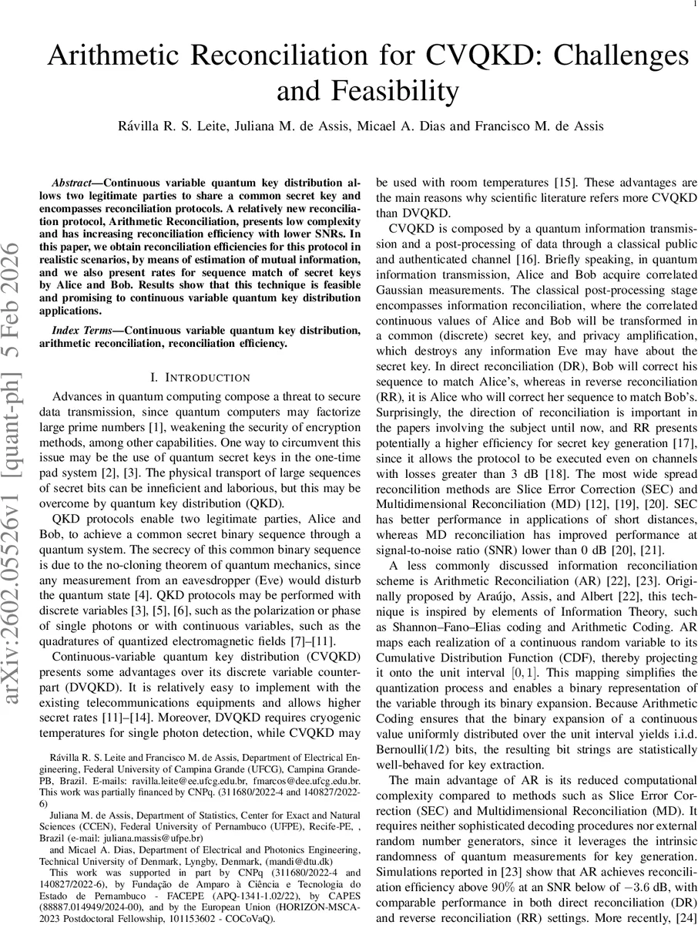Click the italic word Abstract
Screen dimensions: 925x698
click(71, 185)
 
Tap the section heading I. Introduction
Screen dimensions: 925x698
click(200, 377)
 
